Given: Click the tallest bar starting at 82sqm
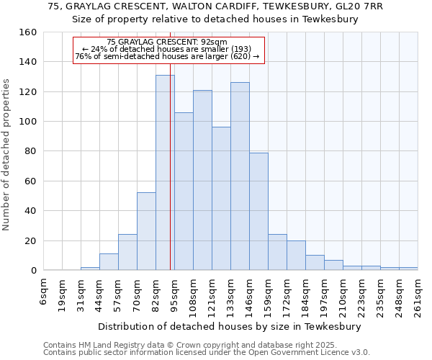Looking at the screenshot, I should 165,173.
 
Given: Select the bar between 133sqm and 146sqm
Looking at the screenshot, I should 240,176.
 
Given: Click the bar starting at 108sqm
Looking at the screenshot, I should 202,180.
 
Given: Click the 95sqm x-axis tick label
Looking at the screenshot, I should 175,294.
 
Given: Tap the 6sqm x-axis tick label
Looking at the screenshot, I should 44,292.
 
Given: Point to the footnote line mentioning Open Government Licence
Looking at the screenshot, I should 207,353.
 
